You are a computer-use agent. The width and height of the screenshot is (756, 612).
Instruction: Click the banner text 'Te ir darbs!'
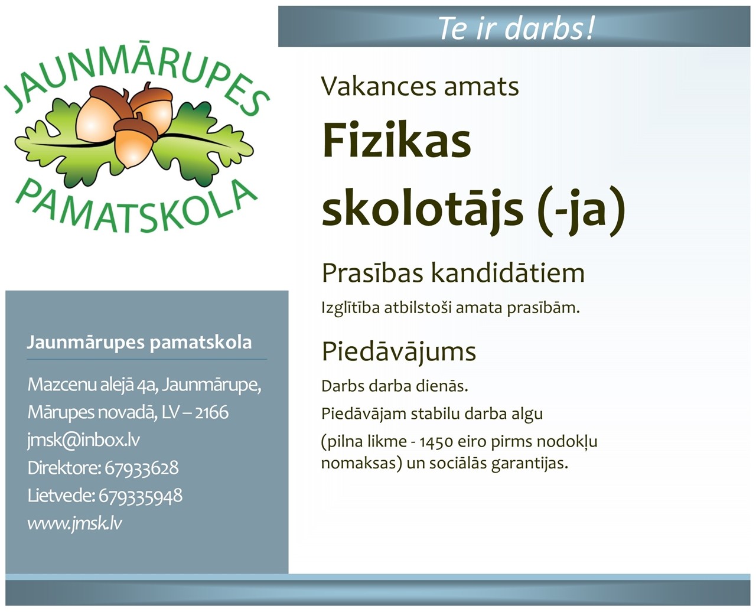pyautogui.click(x=516, y=28)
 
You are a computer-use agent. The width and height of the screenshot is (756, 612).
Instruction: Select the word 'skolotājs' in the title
pyautogui.click(x=422, y=208)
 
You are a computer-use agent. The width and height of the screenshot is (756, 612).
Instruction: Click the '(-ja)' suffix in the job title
pyautogui.click(x=581, y=211)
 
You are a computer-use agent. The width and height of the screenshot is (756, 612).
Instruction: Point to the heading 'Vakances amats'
pyautogui.click(x=420, y=86)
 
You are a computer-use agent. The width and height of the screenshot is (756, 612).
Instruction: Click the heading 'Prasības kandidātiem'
pyautogui.click(x=453, y=273)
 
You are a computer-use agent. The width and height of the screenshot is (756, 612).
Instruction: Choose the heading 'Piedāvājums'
pyautogui.click(x=399, y=352)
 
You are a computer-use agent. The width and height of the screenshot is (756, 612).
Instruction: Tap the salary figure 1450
pyautogui.click(x=436, y=442)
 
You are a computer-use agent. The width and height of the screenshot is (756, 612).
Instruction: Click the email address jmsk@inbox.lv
pyautogui.click(x=84, y=440)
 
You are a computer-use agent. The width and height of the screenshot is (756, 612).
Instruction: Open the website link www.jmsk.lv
pyautogui.click(x=74, y=523)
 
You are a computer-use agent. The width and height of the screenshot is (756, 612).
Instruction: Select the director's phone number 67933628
pyautogui.click(x=142, y=468)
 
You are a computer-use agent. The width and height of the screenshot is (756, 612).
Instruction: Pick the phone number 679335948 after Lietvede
pyautogui.click(x=141, y=496)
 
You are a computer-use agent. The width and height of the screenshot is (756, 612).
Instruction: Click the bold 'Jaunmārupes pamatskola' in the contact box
pyautogui.click(x=139, y=343)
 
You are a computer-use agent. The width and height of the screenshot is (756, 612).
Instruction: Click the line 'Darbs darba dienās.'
pyautogui.click(x=395, y=386)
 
